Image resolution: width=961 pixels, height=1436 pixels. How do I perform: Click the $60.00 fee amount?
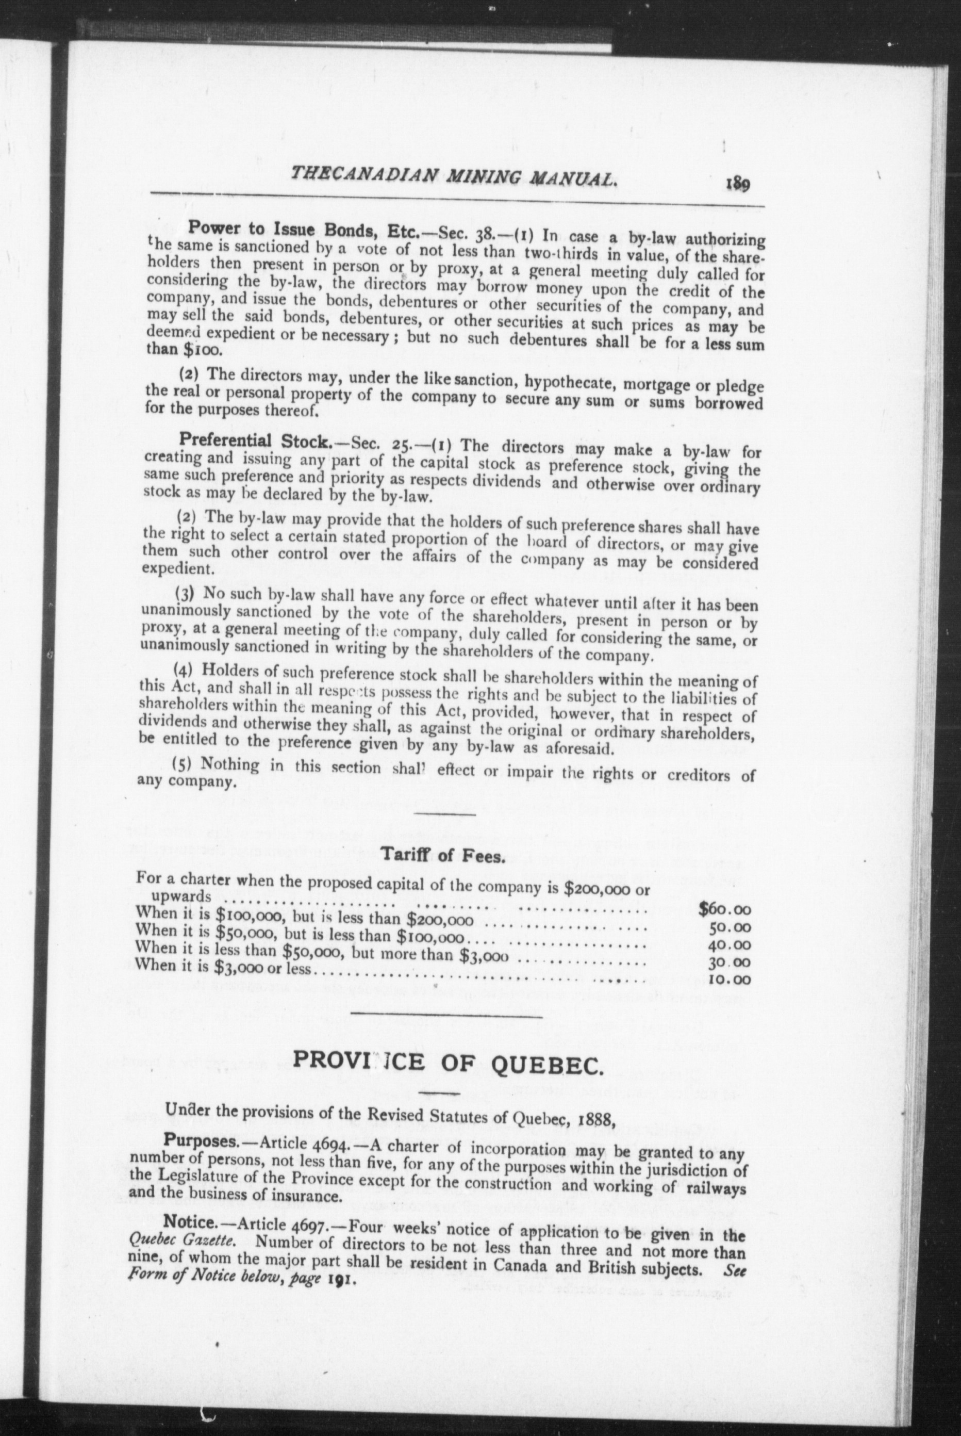point(724,910)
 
